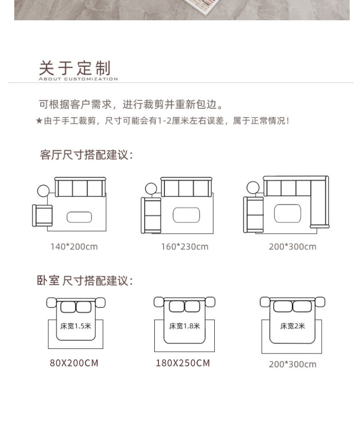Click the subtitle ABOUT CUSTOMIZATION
pos(78,79)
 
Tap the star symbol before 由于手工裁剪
pos(39,121)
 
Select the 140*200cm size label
pos(74,247)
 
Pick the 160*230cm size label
pos(184,247)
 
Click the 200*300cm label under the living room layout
pos(293,247)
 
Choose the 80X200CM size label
pos(74,363)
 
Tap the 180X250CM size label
pos(182,363)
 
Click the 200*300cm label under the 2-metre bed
pos(293,364)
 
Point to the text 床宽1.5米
pos(76,326)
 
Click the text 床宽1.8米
pos(184,326)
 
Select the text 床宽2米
pos(293,326)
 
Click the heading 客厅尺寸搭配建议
pos(86,155)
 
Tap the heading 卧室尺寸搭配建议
pos(85,280)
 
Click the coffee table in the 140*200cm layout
pos(79,217)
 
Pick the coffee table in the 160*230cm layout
pos(186,215)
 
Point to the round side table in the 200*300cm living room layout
pos(252,188)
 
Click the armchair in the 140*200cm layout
pos(41,215)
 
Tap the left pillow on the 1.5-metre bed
pos(68,307)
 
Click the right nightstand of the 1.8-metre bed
pos(210,302)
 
